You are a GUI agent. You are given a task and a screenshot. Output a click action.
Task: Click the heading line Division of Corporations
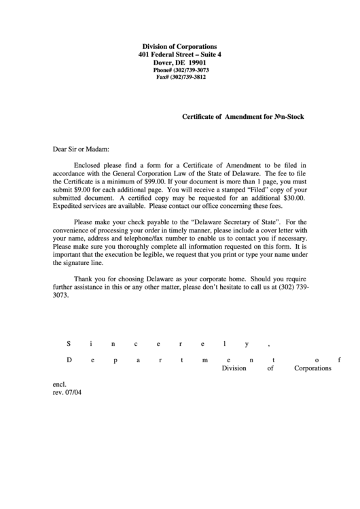click(x=180, y=45)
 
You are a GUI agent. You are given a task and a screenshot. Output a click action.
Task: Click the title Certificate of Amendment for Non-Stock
click(x=243, y=117)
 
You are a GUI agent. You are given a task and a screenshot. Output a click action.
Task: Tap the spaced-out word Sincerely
click(x=169, y=343)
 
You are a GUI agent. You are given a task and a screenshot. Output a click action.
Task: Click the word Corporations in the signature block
click(x=312, y=368)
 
